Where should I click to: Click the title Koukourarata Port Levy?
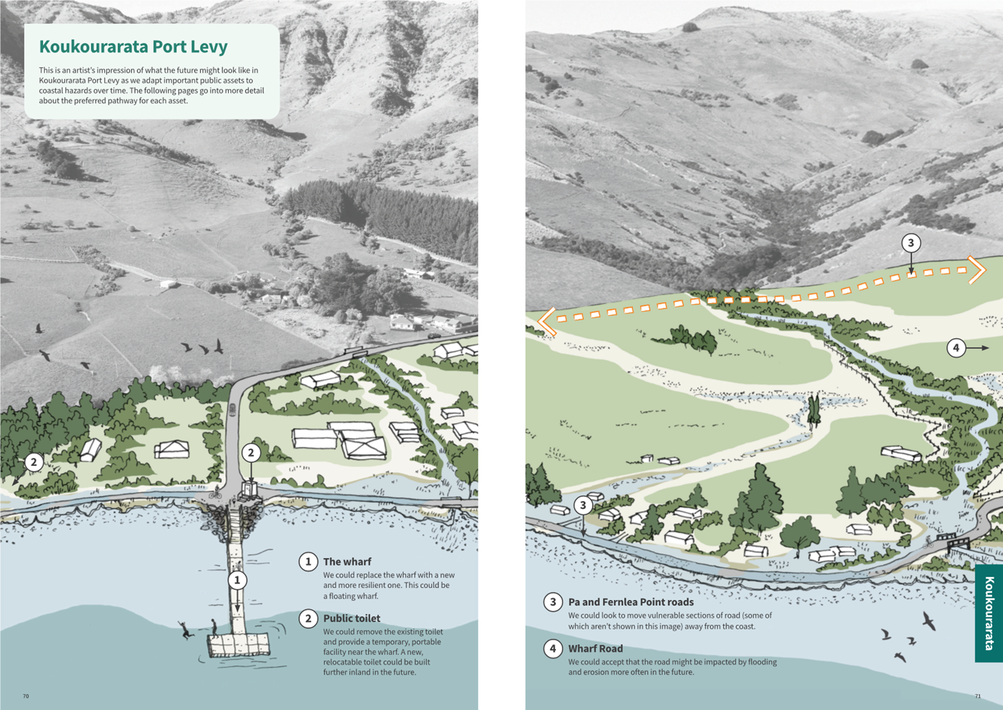click(x=133, y=47)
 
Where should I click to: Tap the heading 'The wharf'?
click(x=347, y=561)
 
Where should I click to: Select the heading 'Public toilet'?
click(x=352, y=618)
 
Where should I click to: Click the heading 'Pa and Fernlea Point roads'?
click(x=631, y=602)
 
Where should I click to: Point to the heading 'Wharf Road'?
click(x=595, y=648)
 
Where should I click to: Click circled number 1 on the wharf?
click(x=237, y=579)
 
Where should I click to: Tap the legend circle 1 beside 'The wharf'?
click(x=309, y=561)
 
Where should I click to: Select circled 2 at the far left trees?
click(x=34, y=462)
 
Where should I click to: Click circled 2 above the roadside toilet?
click(x=250, y=453)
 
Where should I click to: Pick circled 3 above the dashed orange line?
click(x=910, y=243)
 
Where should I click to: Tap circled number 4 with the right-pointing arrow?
click(x=956, y=348)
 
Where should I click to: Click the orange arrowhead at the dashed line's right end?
click(x=977, y=270)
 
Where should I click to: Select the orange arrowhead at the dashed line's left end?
click(x=547, y=321)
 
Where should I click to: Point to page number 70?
click(x=26, y=696)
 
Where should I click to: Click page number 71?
click(x=977, y=696)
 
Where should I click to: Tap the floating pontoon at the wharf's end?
click(x=239, y=645)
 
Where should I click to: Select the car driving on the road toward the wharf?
click(x=232, y=409)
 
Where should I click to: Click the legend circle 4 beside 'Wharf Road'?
click(x=552, y=648)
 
